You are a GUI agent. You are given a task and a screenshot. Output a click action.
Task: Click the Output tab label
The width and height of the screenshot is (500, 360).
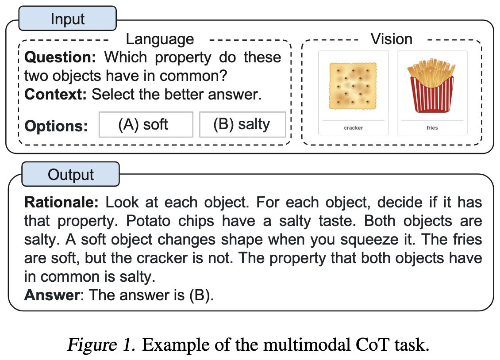tap(71, 174)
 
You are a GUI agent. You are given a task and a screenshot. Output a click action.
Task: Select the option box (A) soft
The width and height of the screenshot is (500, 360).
tap(145, 124)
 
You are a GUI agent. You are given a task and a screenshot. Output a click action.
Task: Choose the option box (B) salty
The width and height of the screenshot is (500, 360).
tap(242, 124)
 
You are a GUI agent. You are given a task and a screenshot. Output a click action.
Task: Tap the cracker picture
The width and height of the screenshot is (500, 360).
tap(353, 86)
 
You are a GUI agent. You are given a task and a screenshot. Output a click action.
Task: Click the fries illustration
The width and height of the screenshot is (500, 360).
tap(431, 86)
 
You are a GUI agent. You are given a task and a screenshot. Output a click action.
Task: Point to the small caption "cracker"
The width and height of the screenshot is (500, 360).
tap(353, 128)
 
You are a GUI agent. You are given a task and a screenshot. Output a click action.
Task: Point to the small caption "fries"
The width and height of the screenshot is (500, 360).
tap(432, 128)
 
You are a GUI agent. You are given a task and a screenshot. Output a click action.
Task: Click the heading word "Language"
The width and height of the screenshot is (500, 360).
tap(160, 39)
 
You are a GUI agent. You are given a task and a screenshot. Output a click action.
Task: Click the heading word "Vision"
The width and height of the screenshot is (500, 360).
tap(392, 39)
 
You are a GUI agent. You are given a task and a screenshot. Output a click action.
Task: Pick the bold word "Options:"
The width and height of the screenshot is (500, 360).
tap(56, 126)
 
